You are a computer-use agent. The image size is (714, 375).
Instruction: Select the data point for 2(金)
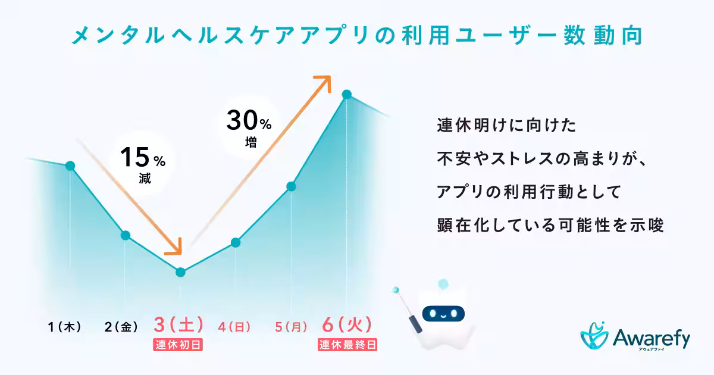125,235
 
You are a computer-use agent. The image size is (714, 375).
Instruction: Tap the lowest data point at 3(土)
181,272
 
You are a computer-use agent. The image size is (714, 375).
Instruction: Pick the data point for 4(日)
236,242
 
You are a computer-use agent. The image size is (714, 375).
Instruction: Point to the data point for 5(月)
291,186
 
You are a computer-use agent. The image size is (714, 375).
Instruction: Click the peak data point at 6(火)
346,95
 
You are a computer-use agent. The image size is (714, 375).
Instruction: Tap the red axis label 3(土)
178,325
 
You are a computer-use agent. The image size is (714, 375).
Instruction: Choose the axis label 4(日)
234,327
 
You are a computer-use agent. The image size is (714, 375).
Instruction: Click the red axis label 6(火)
347,325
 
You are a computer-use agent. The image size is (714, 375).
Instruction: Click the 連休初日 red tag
178,345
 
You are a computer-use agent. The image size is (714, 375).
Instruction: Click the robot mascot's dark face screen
443,312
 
